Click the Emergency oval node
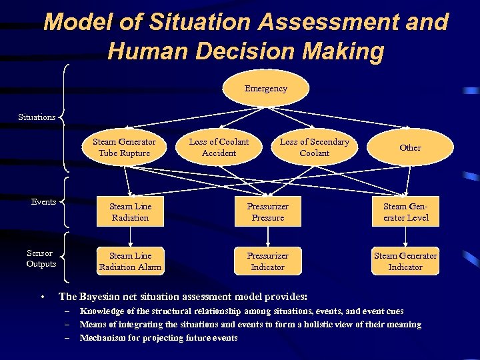265,89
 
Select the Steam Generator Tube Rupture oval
124,147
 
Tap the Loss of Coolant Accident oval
219,147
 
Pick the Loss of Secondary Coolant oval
314,147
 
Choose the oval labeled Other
410,147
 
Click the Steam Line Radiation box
130,212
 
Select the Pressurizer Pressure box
267,212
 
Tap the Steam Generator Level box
406,212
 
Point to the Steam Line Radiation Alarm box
130,261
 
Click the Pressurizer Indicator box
267,261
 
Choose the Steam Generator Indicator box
405,261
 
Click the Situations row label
37,117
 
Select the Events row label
43,202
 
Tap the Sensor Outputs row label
41,259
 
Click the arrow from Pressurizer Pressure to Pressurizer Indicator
267,237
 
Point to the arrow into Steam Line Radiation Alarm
130,237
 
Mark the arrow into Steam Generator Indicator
405,237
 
